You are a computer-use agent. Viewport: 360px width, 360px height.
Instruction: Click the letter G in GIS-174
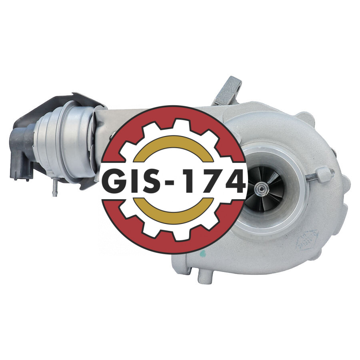pos(114,180)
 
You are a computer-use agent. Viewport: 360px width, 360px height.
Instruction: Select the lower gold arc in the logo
pos(173,212)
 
